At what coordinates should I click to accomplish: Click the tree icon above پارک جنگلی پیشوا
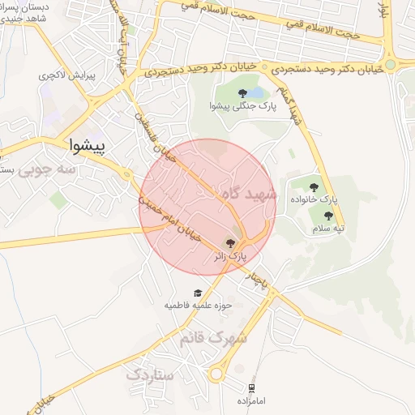[x=242, y=93]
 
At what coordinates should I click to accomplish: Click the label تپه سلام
[x=328, y=229]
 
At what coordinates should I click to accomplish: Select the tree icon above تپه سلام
[x=328, y=216]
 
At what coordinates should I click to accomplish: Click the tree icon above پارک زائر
[x=230, y=242]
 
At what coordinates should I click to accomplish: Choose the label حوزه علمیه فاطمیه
[x=199, y=306]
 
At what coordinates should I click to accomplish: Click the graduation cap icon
[x=199, y=293]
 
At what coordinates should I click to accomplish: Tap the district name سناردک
[x=150, y=374]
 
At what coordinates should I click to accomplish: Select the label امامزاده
[x=252, y=401]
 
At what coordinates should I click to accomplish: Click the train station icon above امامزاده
[x=252, y=388]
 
